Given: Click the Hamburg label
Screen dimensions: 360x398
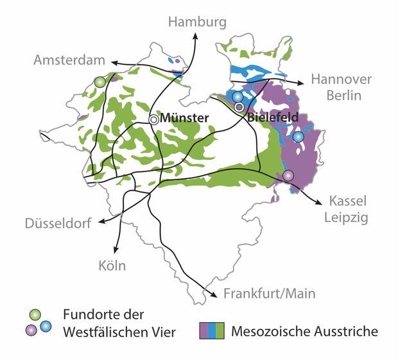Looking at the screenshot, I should point(197,22).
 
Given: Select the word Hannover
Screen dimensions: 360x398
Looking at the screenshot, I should point(341,79).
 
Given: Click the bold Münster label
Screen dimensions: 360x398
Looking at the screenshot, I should point(184,118).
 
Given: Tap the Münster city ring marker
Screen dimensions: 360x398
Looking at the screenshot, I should point(154,119).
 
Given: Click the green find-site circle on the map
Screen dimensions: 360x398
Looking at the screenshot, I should point(99,82).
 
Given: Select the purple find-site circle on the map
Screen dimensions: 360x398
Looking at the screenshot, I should point(288,175).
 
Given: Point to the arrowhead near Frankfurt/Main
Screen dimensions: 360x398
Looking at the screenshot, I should point(214,295).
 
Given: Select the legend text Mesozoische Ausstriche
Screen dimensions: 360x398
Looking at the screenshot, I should point(304,331).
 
